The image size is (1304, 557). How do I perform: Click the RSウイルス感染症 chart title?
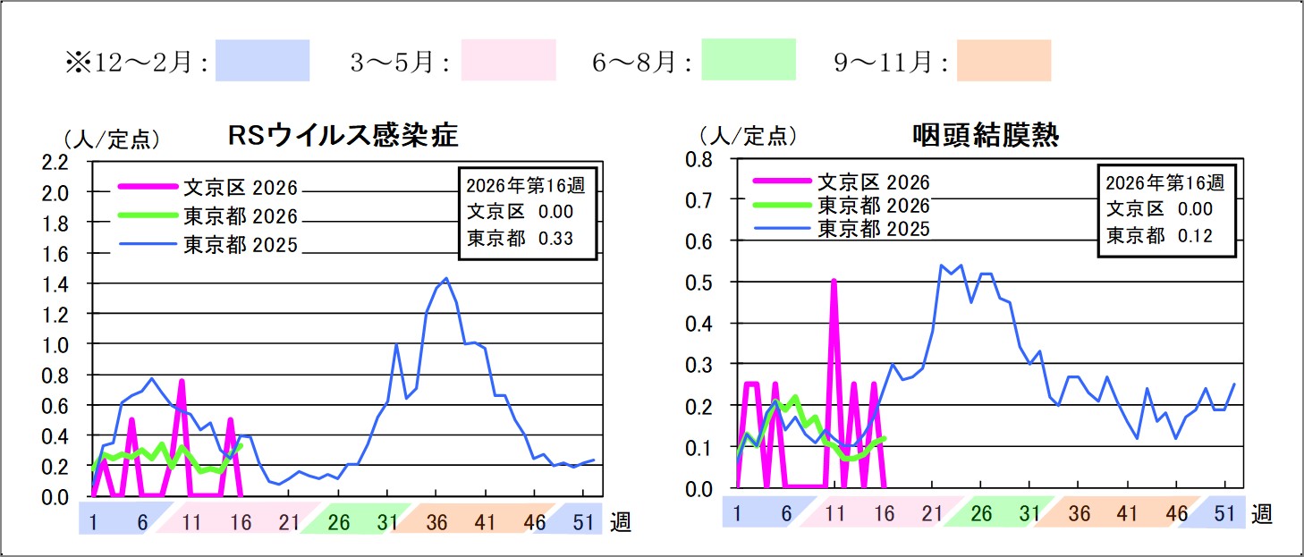point(343,136)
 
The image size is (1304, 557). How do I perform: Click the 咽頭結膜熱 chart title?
point(985,136)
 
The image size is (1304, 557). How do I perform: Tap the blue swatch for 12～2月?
point(262,61)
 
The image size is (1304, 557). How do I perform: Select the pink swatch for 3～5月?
point(508,61)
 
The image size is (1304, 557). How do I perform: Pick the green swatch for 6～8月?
point(748,61)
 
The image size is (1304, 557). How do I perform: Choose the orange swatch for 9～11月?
point(1003,61)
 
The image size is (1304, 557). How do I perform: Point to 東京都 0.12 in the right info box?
point(1159,235)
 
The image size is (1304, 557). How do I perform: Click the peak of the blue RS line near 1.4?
point(445,279)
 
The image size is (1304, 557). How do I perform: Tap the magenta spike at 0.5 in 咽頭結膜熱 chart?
point(834,281)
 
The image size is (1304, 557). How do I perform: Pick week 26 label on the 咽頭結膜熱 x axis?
point(981,513)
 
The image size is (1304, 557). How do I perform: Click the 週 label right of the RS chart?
point(622,522)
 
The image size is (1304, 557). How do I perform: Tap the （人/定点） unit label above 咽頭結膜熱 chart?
point(747,136)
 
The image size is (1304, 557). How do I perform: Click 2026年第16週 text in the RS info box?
point(527,187)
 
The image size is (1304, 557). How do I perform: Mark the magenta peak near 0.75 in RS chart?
point(182,382)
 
